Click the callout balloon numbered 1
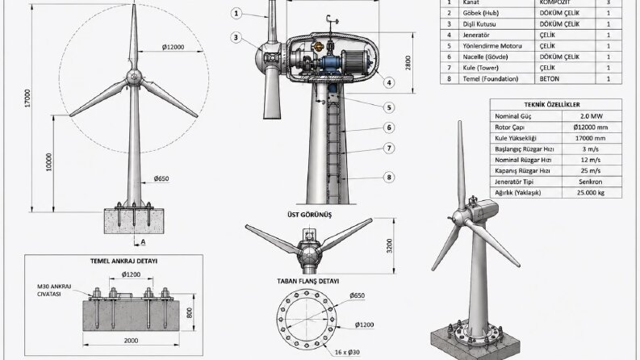[236, 14]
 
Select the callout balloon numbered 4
[389, 83]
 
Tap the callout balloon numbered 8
[389, 177]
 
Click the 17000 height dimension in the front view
[27, 98]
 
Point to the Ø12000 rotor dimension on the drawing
[173, 47]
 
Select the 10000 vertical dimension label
[49, 162]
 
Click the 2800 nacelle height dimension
[408, 63]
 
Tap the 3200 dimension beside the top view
[389, 245]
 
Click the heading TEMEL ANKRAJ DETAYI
[123, 261]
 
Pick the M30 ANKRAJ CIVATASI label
[54, 291]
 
